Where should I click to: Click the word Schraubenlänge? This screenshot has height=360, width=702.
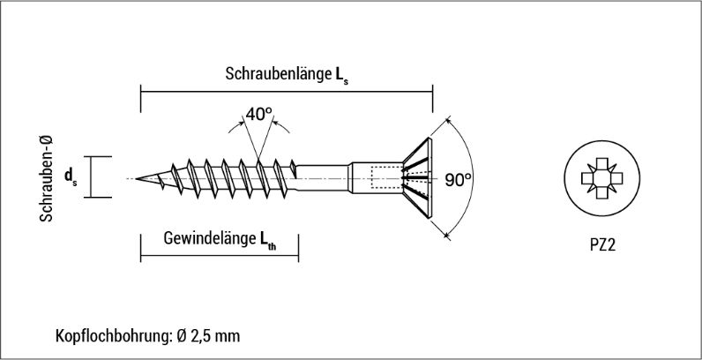click(x=278, y=74)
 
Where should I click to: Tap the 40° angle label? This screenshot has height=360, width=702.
click(x=258, y=114)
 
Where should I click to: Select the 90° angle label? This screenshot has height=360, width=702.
click(x=458, y=179)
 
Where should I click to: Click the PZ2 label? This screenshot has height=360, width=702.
click(x=602, y=245)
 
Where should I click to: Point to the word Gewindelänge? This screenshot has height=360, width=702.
click(x=209, y=238)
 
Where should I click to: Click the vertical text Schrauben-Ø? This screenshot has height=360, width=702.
click(x=46, y=178)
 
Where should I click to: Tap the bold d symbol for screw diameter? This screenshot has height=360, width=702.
click(x=69, y=176)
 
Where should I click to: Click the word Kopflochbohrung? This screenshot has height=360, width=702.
click(x=114, y=335)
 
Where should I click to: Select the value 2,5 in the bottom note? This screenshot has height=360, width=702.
click(x=201, y=336)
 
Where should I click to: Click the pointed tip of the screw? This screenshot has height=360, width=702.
click(x=136, y=178)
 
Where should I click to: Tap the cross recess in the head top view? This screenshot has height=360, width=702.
click(x=601, y=178)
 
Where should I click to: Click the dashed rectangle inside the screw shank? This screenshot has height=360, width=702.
click(x=387, y=176)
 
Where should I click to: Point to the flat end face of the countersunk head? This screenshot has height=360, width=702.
click(x=429, y=177)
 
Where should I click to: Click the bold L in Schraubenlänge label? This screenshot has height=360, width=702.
click(x=340, y=74)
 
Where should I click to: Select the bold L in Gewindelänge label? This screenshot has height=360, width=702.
click(x=265, y=238)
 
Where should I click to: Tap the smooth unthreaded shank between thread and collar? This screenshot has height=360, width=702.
click(x=322, y=177)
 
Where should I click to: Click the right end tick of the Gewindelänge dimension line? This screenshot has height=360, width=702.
click(x=298, y=248)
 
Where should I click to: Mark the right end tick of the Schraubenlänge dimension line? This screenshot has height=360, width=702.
click(x=432, y=99)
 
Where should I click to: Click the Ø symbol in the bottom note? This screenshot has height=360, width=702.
click(x=182, y=336)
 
